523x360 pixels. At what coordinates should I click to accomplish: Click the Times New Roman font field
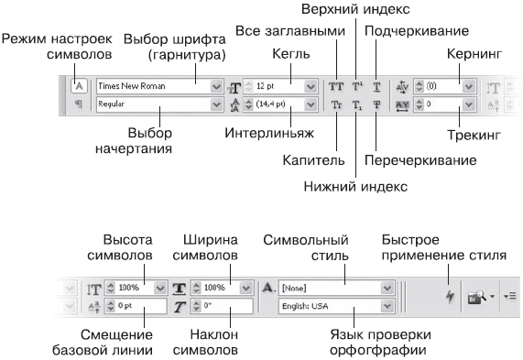(154, 86)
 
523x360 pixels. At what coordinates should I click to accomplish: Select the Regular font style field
(154, 104)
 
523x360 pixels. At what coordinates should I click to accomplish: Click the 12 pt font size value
(266, 86)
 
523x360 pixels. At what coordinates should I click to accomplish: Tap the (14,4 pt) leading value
(270, 104)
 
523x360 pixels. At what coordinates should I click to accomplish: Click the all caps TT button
(336, 86)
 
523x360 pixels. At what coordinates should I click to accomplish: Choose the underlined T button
(376, 87)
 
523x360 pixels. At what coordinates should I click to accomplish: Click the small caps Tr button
(336, 104)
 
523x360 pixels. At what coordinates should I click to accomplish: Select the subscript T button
(356, 105)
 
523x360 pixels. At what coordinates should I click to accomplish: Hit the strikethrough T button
(376, 104)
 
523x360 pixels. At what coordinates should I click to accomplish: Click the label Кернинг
(474, 54)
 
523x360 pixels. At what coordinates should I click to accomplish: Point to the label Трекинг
(474, 136)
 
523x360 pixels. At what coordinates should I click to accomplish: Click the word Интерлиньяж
(269, 133)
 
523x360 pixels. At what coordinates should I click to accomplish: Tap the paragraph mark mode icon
(79, 104)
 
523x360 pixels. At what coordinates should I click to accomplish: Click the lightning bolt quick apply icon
(450, 296)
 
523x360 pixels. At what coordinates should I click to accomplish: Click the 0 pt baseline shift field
(136, 306)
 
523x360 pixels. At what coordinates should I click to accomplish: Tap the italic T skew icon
(180, 307)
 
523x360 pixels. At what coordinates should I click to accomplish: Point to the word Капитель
(313, 160)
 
